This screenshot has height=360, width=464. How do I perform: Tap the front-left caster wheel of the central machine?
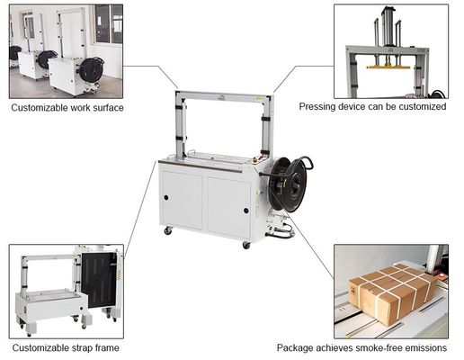tap(167, 231)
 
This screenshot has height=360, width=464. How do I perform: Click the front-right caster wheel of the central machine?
tap(245, 244)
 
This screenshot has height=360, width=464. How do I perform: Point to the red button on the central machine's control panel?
tap(255, 160)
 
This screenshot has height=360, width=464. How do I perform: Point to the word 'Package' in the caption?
tap(298, 347)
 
